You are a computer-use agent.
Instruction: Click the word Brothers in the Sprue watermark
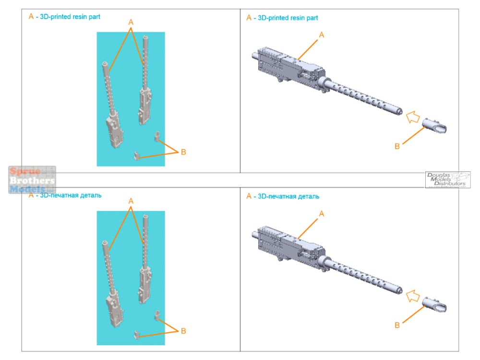[32, 180]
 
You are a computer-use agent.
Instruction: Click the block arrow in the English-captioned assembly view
[411, 117]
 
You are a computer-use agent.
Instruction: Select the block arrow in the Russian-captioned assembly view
[411, 295]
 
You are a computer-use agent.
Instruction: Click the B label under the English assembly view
[397, 146]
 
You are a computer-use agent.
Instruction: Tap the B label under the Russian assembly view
[397, 325]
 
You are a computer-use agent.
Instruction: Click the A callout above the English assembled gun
[322, 35]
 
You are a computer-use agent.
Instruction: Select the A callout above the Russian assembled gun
[322, 214]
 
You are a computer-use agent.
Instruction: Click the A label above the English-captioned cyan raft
[131, 22]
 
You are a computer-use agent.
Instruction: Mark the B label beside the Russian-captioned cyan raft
[183, 331]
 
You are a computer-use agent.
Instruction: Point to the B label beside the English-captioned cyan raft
[183, 152]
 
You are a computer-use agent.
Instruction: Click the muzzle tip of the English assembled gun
[400, 112]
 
